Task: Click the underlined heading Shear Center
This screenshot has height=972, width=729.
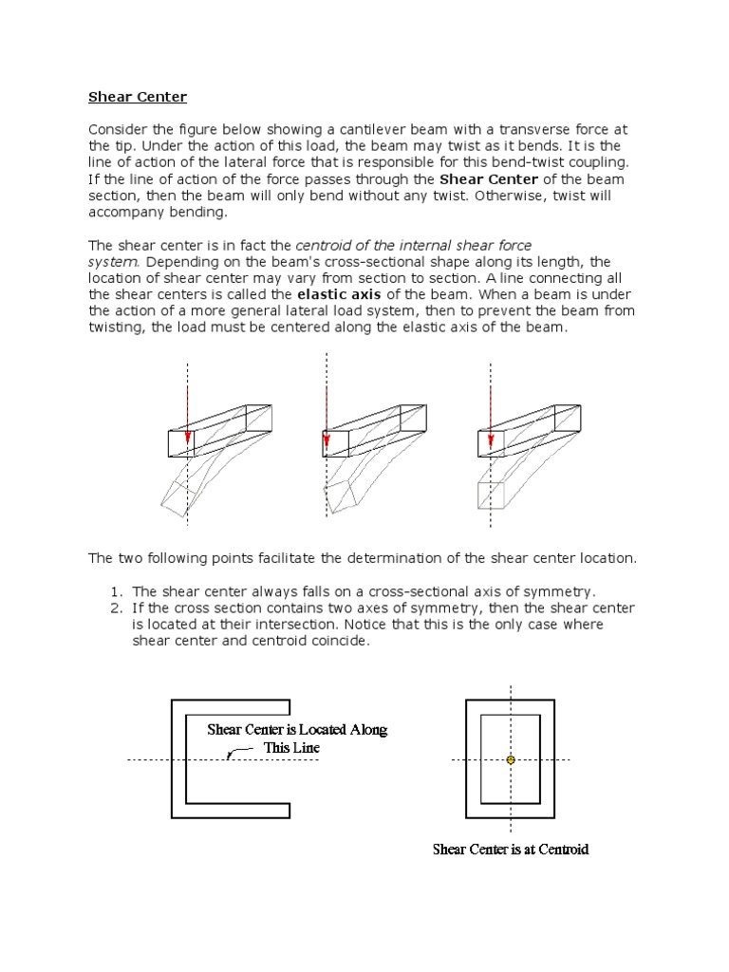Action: coord(138,97)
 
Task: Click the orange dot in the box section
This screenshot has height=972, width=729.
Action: coord(511,760)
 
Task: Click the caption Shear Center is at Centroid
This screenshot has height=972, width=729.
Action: coord(511,850)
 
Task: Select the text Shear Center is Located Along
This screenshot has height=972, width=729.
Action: coord(297,730)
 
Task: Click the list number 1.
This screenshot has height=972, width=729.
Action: coord(117,590)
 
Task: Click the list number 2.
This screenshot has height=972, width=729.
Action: coord(117,607)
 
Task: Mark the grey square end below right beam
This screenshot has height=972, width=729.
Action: coord(490,495)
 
